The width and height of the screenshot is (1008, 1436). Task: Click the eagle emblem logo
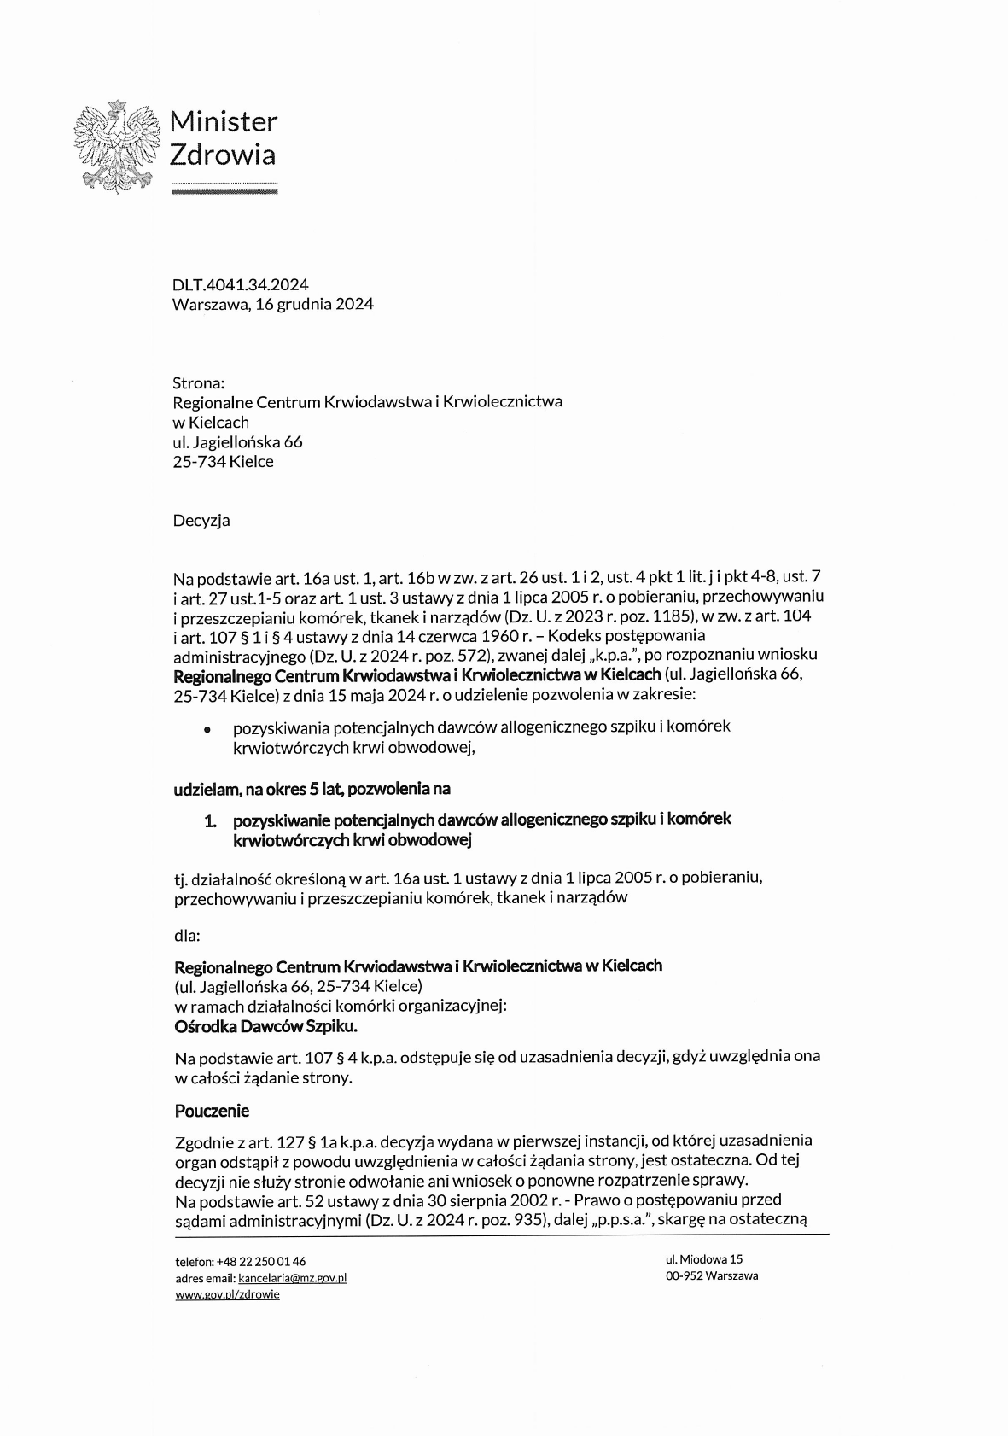[x=117, y=147]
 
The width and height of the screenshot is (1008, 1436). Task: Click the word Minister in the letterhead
[x=224, y=122]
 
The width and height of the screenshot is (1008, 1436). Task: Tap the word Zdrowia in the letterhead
[x=223, y=155]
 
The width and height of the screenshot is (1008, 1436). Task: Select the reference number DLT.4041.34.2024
[x=240, y=284]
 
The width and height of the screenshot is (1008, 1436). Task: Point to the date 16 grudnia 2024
[x=320, y=304]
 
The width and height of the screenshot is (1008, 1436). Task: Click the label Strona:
[x=198, y=382]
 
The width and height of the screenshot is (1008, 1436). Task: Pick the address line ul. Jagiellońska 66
[x=237, y=442]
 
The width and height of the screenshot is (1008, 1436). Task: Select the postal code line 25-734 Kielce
[x=223, y=462]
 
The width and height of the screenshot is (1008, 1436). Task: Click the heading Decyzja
[x=201, y=520]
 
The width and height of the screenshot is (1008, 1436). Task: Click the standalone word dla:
[x=187, y=935]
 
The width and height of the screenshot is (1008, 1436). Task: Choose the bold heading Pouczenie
[x=212, y=1111]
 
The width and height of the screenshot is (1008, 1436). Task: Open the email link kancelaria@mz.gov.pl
[x=292, y=1278]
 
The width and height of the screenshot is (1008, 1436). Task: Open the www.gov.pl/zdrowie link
[x=227, y=1294]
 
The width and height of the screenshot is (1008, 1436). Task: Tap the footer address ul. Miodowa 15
[x=704, y=1258]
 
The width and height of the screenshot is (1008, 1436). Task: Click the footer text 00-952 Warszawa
[x=712, y=1275]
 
